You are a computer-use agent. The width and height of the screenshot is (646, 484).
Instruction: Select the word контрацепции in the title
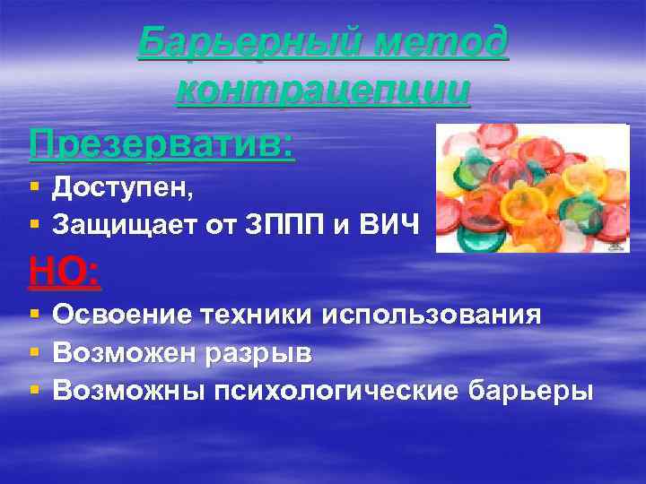[x=323, y=91]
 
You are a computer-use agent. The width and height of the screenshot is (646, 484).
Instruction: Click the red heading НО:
[x=65, y=270]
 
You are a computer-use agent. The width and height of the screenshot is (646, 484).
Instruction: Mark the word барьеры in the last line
[x=530, y=391]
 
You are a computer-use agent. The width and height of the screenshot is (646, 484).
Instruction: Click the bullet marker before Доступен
[x=33, y=188]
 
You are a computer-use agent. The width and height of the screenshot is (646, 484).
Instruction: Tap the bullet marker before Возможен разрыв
[x=33, y=353]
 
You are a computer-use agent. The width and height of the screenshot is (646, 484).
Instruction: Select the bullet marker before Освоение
[x=33, y=315]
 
